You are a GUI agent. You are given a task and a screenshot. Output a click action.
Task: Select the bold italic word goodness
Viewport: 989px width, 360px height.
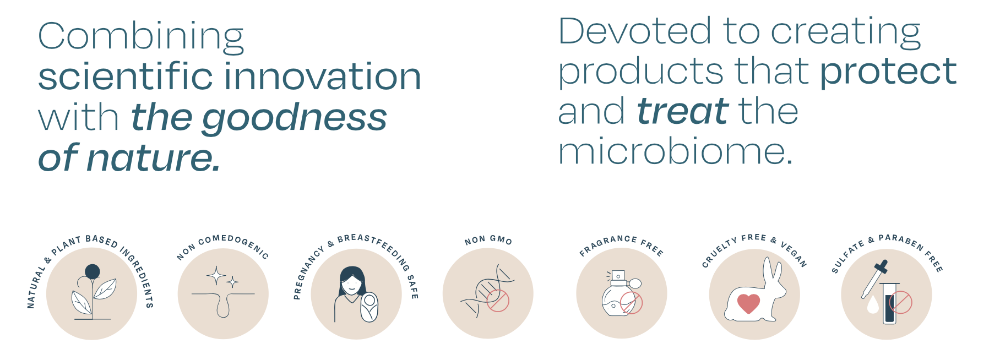click(x=295, y=119)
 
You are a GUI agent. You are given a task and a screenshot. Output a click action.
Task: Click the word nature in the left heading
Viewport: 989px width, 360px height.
click(x=154, y=158)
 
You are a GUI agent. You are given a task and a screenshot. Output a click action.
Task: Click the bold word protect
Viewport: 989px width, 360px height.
click(x=888, y=72)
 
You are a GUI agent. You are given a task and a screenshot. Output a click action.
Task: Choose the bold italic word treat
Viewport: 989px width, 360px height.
click(x=683, y=111)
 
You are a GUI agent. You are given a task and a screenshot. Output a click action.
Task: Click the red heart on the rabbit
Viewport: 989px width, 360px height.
click(x=748, y=303)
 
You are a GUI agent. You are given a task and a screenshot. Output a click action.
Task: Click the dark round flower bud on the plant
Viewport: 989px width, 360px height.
click(x=93, y=271)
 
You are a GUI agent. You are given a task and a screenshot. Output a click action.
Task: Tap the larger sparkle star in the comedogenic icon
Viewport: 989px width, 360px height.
click(x=216, y=275)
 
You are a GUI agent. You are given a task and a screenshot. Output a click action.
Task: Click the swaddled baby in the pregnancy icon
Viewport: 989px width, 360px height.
click(x=369, y=307)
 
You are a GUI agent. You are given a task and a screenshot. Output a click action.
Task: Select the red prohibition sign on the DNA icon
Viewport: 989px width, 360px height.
click(x=498, y=301)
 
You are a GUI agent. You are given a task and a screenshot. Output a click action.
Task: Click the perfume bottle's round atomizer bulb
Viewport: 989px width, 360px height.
click(x=635, y=283)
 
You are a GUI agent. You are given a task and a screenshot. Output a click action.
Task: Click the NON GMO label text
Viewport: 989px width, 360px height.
click(x=488, y=240)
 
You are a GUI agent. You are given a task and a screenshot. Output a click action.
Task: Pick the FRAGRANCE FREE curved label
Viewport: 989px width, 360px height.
click(x=621, y=244)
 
